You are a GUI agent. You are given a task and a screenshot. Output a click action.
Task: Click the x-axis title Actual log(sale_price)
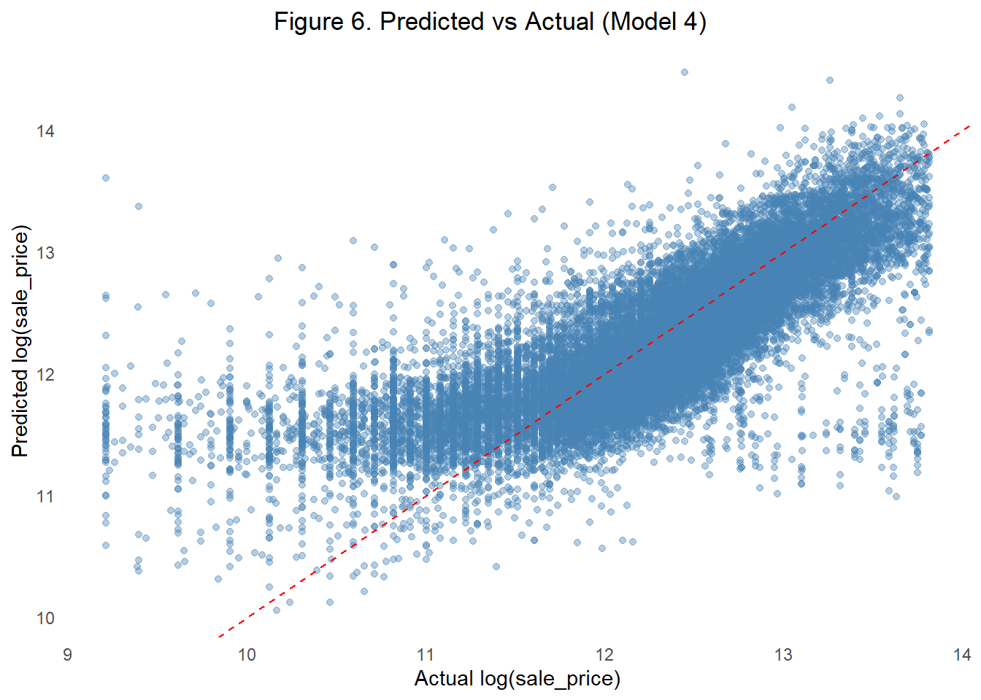(x=517, y=678)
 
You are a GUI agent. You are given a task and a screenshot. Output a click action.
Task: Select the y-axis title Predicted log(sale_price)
(x=20, y=341)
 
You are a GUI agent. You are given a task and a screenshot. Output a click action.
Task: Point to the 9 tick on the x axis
(x=68, y=655)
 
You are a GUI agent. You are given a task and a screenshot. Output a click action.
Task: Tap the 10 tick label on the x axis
(x=247, y=655)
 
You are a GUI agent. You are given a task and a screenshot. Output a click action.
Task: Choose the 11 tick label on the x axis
(x=426, y=655)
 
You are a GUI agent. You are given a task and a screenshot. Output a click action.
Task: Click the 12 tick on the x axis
(x=604, y=655)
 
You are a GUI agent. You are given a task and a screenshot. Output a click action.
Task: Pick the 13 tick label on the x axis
(x=783, y=655)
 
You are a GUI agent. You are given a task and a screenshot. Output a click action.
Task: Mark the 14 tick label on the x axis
(x=962, y=655)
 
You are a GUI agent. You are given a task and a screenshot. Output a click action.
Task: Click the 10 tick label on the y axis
(x=45, y=618)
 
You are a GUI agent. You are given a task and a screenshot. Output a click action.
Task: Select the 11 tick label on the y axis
(x=45, y=497)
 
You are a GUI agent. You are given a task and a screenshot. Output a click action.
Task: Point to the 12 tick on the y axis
(x=45, y=375)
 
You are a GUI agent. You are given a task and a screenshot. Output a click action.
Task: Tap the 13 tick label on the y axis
(x=45, y=253)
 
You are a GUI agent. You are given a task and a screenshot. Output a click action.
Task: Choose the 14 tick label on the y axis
(x=45, y=131)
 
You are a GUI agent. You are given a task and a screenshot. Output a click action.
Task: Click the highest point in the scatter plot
(x=684, y=72)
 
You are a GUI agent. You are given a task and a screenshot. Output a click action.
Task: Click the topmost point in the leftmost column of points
(x=106, y=178)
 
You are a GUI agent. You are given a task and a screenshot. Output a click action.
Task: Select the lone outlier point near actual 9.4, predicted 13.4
(x=139, y=206)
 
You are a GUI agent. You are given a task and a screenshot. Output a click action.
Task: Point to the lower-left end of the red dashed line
(x=218, y=637)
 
